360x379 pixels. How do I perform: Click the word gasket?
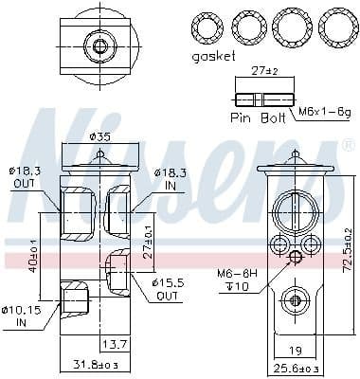(213, 57)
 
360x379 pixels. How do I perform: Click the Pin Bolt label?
(259, 117)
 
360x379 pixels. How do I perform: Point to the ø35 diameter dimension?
(99, 138)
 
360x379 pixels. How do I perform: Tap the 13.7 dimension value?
(115, 343)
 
